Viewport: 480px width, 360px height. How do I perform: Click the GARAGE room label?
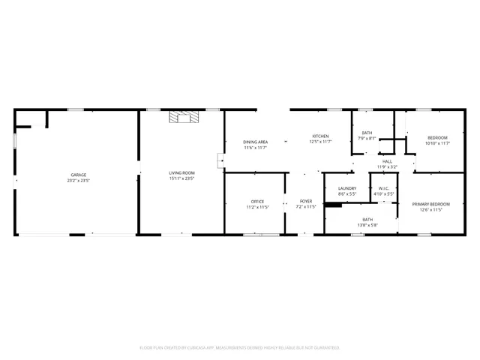(x=79, y=175)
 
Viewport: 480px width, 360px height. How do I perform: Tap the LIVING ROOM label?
(x=181, y=174)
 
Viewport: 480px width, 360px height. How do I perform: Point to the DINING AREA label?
(x=256, y=142)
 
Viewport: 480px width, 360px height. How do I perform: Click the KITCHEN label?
(x=321, y=136)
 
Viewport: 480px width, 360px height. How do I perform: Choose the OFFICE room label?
(x=257, y=201)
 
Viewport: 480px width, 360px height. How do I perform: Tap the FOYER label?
(x=306, y=201)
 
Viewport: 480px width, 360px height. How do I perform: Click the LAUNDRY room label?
(x=346, y=188)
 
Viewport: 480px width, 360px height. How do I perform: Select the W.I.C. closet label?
(x=383, y=188)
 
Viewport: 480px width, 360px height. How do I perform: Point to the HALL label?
(x=387, y=161)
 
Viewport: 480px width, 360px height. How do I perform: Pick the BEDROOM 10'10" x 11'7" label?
(x=437, y=137)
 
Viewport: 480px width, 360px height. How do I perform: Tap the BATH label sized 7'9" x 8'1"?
(x=367, y=133)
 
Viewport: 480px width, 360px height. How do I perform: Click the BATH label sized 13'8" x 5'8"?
(x=367, y=219)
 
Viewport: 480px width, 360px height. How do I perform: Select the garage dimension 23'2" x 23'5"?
(x=79, y=180)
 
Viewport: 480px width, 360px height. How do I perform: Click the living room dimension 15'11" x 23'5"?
(x=181, y=179)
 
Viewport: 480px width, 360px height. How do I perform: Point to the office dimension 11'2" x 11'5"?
(x=257, y=206)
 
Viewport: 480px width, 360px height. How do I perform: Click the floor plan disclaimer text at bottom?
(x=240, y=347)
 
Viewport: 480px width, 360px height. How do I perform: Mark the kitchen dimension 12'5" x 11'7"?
(x=321, y=141)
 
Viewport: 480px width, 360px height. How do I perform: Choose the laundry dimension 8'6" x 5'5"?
(x=346, y=193)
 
